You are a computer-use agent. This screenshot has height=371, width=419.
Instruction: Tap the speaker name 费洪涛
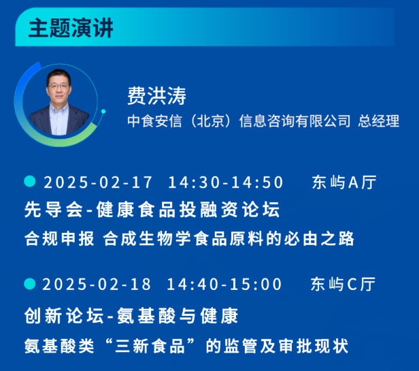[156, 95]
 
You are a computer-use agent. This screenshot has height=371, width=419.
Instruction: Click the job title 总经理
[379, 121]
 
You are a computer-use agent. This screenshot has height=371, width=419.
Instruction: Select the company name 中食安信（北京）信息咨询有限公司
[239, 121]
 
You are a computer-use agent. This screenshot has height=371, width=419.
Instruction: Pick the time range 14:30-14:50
[226, 182]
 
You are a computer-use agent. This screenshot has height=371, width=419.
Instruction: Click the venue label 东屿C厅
[343, 284]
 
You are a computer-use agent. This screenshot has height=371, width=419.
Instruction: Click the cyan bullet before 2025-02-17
[29, 182]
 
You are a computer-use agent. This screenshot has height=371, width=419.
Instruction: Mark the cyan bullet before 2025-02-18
[29, 283]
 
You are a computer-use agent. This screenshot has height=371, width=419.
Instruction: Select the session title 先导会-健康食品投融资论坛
[152, 210]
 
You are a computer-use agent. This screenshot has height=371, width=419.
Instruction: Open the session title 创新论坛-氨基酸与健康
[131, 317]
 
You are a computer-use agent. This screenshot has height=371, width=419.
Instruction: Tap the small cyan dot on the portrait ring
[103, 111]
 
